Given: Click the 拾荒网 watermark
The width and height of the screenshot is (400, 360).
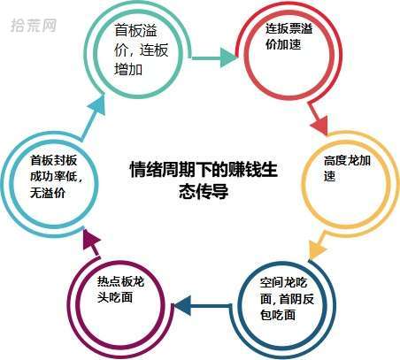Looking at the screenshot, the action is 34,26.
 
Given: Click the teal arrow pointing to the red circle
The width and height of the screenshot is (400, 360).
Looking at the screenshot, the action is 214,57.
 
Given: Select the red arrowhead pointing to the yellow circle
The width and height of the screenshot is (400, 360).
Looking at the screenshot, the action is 320,126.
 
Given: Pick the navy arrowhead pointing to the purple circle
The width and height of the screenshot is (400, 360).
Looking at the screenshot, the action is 183,306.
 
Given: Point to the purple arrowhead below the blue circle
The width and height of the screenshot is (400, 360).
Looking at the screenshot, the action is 90,239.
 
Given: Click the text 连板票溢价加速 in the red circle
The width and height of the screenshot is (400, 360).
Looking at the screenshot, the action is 288,36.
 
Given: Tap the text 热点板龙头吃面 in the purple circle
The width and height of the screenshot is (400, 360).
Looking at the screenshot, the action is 120,290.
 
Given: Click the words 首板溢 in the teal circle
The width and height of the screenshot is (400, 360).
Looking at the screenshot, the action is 136,30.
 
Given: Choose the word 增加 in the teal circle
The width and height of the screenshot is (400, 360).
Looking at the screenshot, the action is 128,70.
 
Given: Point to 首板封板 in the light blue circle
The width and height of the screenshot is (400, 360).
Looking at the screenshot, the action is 53,160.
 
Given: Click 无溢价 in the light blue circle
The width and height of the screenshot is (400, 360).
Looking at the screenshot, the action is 48,194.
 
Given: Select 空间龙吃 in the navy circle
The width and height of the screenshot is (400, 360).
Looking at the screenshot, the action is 283,283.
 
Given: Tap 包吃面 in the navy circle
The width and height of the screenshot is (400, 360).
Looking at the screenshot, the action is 278,315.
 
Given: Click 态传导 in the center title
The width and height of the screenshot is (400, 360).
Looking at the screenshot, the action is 204,192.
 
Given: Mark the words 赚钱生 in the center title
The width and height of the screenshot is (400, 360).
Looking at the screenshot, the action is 252,170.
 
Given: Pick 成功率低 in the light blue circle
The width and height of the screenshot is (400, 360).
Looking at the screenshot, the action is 53,177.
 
